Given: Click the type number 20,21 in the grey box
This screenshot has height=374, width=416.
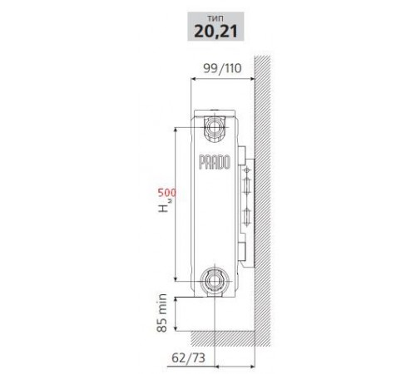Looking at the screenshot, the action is (x=215, y=31).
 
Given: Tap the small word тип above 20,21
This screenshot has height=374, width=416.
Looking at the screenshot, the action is (x=215, y=18).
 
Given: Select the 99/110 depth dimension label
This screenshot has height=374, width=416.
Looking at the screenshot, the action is (x=222, y=68).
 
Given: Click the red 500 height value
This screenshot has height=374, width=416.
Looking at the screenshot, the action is (x=167, y=193).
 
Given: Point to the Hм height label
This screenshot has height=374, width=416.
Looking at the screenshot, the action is (x=166, y=205).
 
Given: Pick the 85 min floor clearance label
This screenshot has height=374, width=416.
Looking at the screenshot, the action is (x=162, y=312).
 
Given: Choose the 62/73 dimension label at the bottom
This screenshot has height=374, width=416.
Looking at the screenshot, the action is (x=188, y=357).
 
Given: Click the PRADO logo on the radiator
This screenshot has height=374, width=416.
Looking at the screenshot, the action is (x=215, y=162).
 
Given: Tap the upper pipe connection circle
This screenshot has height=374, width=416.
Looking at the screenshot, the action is (x=214, y=127).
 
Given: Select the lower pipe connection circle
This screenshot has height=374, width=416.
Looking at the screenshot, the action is (x=214, y=281).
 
